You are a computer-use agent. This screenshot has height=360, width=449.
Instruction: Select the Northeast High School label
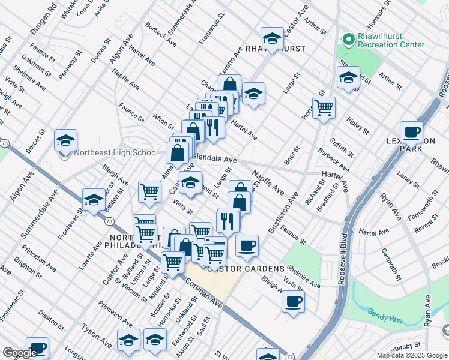click(116, 152)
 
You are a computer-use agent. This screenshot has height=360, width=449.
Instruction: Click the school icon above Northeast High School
click(65, 141)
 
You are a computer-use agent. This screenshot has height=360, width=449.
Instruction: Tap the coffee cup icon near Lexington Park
click(411, 132)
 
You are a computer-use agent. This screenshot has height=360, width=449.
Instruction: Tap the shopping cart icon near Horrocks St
click(324, 108)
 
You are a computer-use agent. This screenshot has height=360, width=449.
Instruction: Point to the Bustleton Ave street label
click(283, 214)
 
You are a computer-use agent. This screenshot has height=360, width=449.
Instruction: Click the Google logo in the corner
click(20, 353)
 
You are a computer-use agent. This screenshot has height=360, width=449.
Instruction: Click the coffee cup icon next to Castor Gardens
click(247, 245)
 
